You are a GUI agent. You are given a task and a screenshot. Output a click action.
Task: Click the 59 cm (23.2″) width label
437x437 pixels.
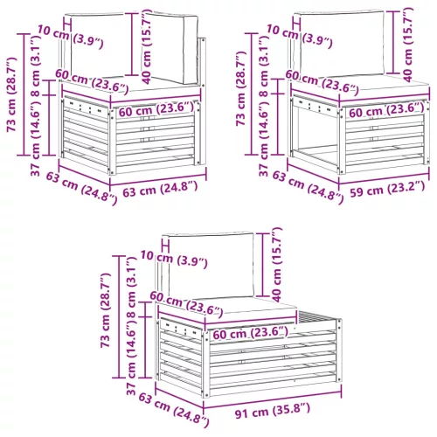tap(387, 189)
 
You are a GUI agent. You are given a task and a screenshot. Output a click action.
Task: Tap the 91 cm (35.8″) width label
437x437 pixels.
tap(273, 410)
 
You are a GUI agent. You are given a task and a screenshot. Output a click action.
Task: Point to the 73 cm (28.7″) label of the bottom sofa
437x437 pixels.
tap(106, 310)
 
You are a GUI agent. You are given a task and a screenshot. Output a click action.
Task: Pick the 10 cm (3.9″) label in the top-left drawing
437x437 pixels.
tap(70, 37)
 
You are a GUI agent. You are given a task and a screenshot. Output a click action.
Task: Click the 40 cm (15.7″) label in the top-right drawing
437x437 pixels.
tap(408, 45)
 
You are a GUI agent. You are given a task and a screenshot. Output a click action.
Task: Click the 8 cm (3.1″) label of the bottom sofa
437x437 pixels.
tap(132, 288)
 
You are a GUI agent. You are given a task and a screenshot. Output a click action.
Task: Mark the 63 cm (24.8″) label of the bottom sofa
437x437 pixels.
tap(174, 410)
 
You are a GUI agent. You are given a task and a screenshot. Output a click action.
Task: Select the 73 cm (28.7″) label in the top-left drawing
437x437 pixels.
tap(12, 94)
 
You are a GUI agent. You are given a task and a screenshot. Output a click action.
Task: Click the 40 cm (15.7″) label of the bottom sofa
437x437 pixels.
tap(277, 265)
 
